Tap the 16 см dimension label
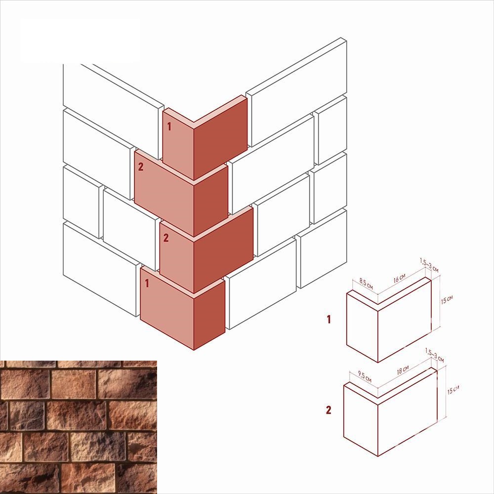[x=399, y=278]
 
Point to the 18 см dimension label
[x=403, y=370]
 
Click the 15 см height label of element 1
[x=447, y=299]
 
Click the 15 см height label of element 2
[x=453, y=390]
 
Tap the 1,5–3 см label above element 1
[x=429, y=265]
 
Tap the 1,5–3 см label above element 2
[x=434, y=355]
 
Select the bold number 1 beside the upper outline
[x=329, y=320]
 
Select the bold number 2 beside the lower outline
[x=329, y=410]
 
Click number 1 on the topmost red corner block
[x=169, y=126]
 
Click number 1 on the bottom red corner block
[x=147, y=283]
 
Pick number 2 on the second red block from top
[x=140, y=166]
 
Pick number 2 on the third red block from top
[x=166, y=238]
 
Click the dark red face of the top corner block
[x=220, y=139]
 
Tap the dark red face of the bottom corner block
[x=209, y=315]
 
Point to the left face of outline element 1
[x=362, y=328]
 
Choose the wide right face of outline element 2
[x=408, y=412]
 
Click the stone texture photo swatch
[x=79, y=427]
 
